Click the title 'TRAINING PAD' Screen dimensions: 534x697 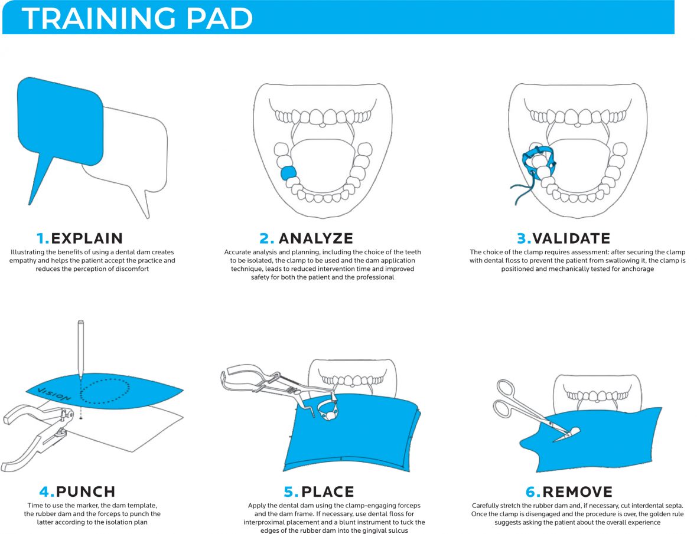(137, 18)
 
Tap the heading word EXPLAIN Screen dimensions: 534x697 (87, 238)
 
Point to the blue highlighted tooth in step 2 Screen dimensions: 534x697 (288, 172)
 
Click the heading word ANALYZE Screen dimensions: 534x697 (315, 238)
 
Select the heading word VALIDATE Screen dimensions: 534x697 (571, 238)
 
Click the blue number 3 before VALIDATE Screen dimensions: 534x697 (523, 238)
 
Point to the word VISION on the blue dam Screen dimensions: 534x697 (54, 394)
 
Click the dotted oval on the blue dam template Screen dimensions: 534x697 (104, 391)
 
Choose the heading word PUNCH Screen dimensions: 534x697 (86, 492)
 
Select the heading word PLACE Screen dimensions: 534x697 (327, 492)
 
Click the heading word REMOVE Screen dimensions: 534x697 (577, 492)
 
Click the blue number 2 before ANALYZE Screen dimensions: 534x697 (266, 238)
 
